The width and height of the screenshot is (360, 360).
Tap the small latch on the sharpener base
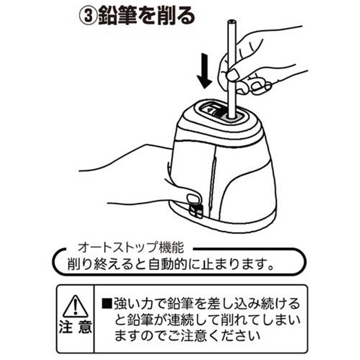pyautogui.click(x=195, y=210)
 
